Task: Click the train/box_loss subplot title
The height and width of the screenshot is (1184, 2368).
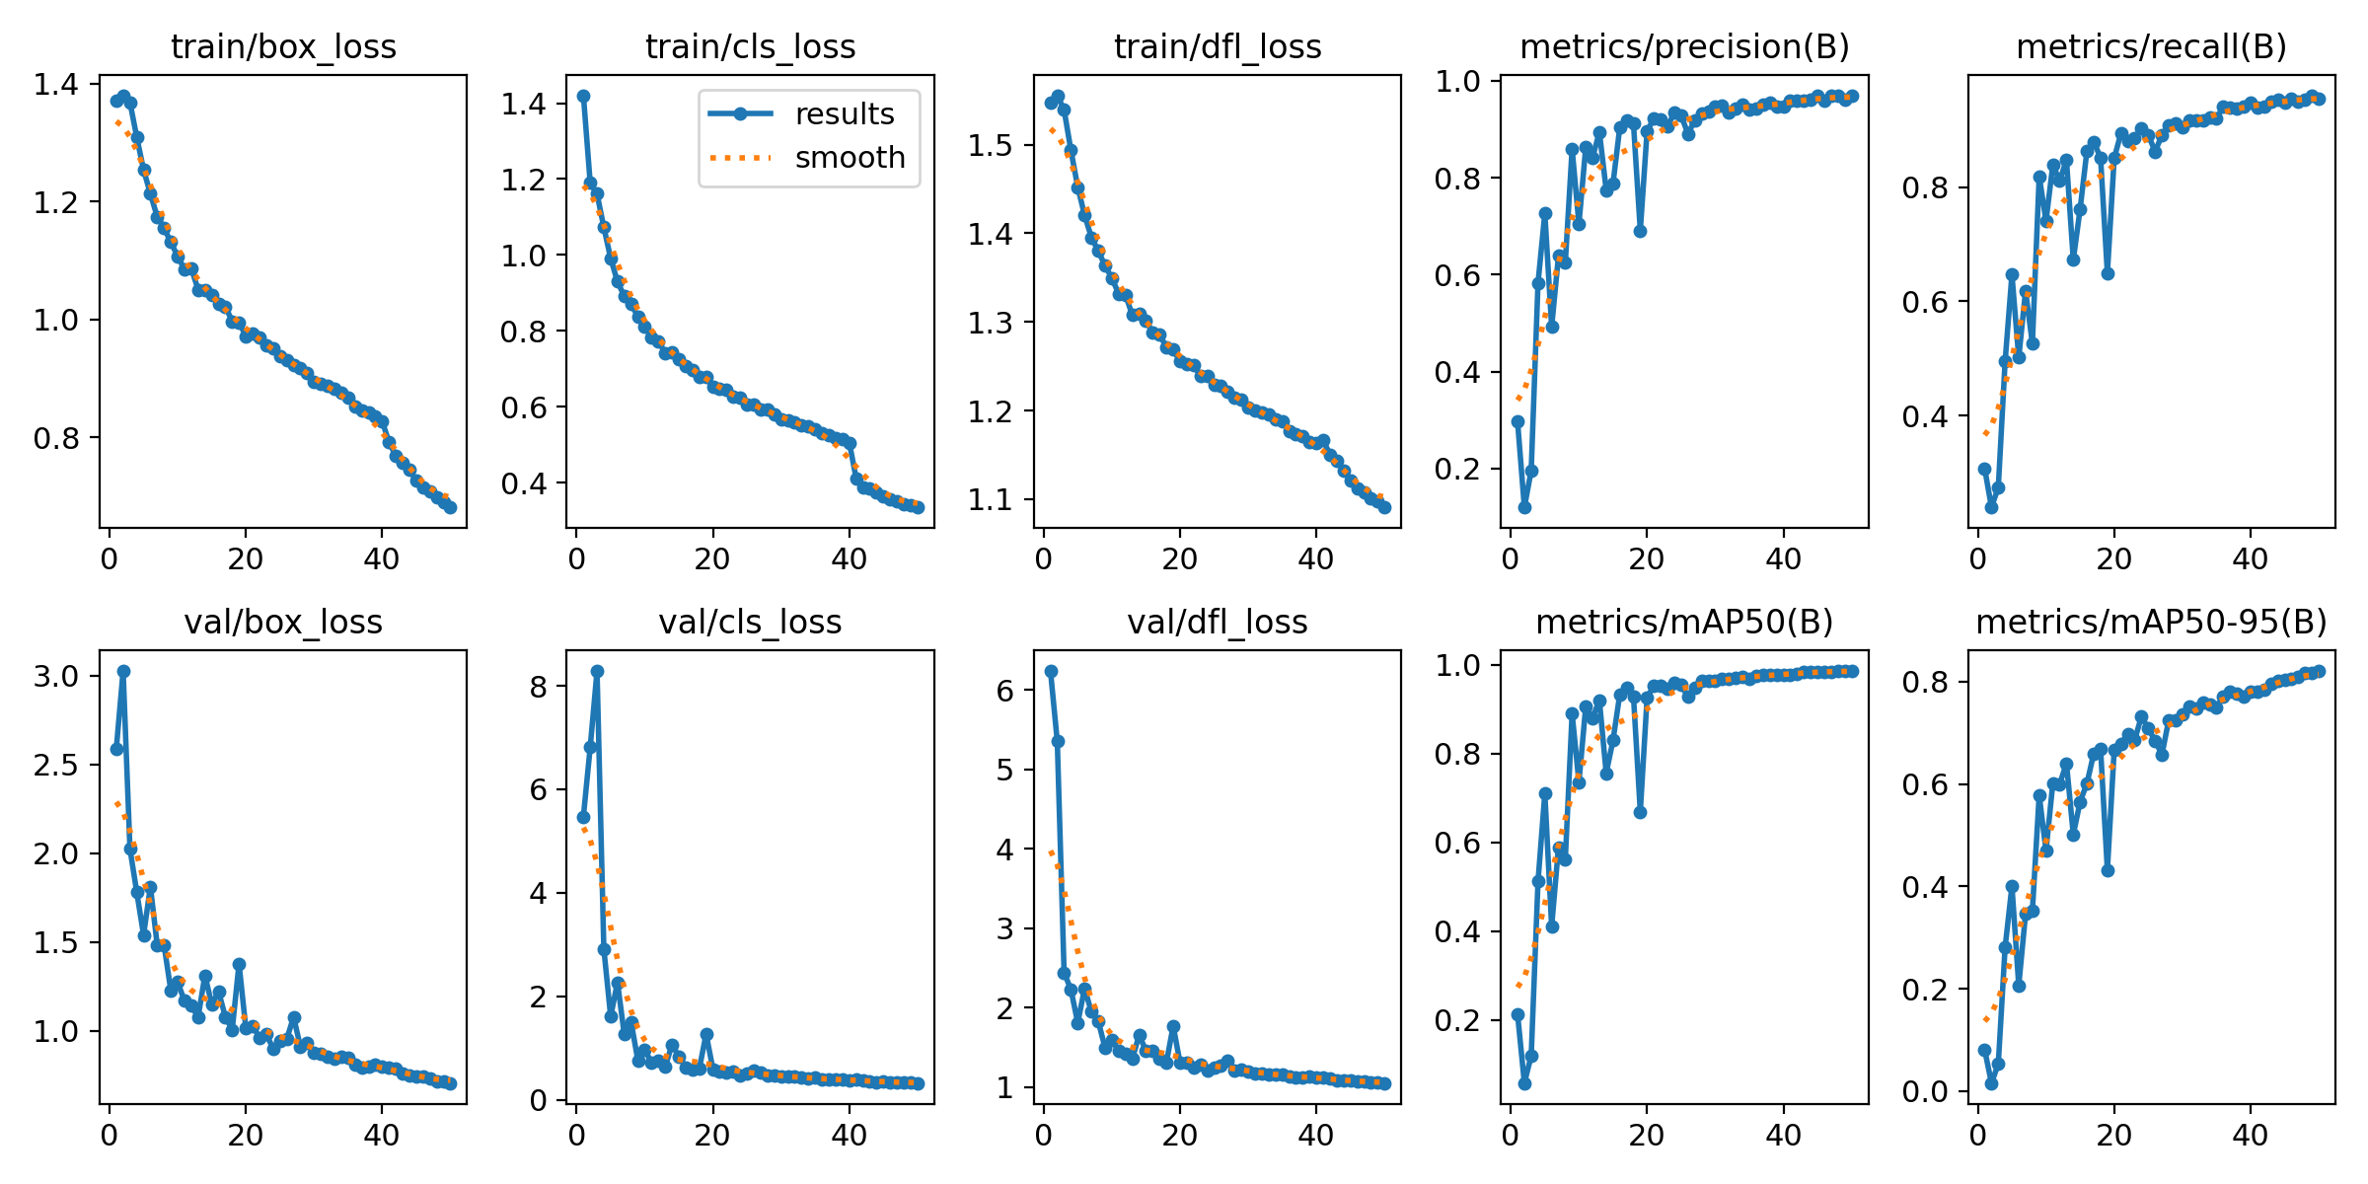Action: (x=283, y=46)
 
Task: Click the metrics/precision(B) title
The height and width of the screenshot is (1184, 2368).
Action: (x=1684, y=46)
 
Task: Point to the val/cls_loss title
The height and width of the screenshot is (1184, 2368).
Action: (x=750, y=622)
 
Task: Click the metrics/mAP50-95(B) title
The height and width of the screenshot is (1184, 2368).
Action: (x=2151, y=622)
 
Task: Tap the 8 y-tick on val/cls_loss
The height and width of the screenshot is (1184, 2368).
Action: (x=539, y=686)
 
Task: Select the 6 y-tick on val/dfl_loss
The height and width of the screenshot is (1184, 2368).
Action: (x=1005, y=691)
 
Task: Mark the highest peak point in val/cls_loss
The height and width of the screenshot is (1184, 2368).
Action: (x=597, y=671)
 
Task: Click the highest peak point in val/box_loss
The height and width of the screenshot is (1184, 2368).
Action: (x=123, y=671)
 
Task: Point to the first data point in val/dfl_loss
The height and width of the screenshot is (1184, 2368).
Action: (x=1051, y=671)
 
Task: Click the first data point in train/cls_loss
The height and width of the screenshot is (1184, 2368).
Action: (x=583, y=96)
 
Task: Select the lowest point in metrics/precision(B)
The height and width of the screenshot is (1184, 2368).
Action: (x=1524, y=507)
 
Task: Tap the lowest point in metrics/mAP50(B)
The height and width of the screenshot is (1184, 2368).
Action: (x=1524, y=1083)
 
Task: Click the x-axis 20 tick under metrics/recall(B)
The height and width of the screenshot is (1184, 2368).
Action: (x=2113, y=559)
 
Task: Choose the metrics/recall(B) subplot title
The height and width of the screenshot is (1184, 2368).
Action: (x=2151, y=46)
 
